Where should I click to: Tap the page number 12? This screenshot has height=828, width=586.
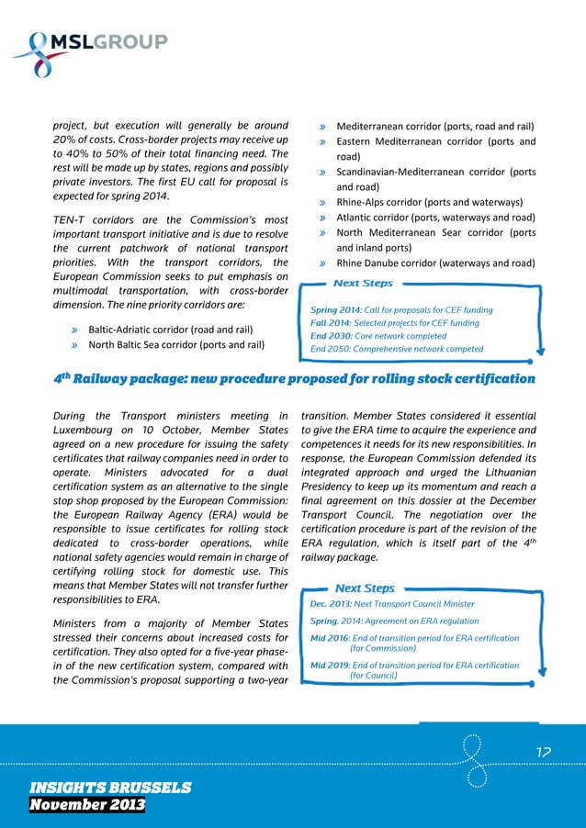click(x=543, y=752)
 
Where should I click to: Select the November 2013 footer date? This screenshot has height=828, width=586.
click(x=87, y=805)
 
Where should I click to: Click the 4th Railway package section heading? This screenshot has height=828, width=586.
click(x=292, y=378)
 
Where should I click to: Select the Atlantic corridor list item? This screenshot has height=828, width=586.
click(x=435, y=218)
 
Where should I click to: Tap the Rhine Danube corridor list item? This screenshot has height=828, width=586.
click(x=435, y=263)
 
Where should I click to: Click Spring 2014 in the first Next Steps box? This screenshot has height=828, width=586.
click(x=336, y=310)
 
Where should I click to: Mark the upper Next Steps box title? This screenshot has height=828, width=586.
click(x=364, y=284)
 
